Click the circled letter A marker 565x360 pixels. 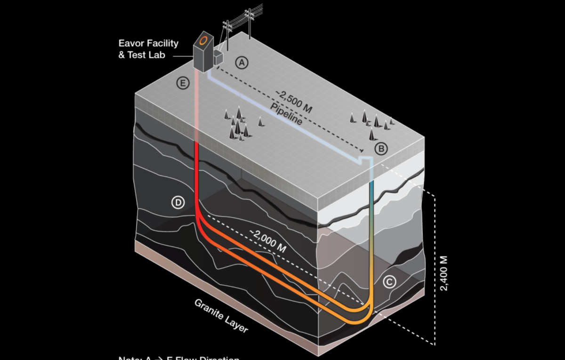(242, 62)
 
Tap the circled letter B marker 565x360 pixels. (381, 149)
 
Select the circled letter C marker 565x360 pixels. (389, 281)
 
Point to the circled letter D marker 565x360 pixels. (178, 202)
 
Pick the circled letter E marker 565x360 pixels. (182, 83)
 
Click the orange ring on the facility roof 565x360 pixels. (204, 40)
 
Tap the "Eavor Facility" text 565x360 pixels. (148, 43)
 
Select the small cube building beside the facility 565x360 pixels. (218, 57)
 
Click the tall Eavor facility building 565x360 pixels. (203, 52)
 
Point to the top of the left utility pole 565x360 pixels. (227, 24)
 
